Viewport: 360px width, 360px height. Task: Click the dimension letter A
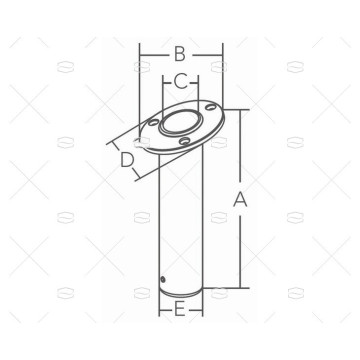[240, 200]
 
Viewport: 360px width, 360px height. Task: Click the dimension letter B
[180, 54]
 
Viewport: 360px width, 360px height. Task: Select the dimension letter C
[181, 82]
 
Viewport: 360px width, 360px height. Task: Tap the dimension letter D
[127, 160]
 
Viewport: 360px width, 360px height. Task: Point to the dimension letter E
[179, 310]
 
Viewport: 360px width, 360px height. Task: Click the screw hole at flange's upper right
[210, 107]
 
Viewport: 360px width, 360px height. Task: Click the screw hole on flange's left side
[153, 123]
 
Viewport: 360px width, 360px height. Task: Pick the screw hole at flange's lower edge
[184, 141]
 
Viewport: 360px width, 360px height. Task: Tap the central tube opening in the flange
[181, 122]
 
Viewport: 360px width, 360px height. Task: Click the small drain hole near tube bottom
[162, 278]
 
